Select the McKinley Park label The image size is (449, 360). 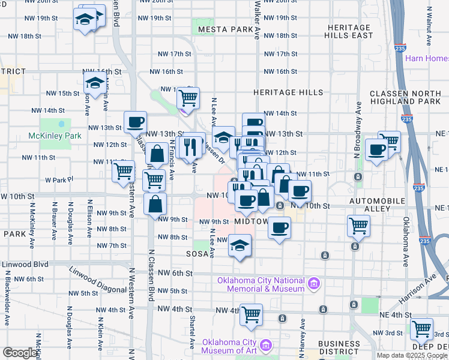pos(55,136)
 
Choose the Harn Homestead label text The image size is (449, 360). pos(427,58)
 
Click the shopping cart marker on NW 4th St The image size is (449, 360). pos(251,314)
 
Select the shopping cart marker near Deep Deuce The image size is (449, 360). pos(421,328)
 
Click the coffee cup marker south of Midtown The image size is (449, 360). pos(279,228)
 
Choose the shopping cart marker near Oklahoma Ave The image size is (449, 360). pos(358,226)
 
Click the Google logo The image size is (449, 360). pos(20,353)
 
